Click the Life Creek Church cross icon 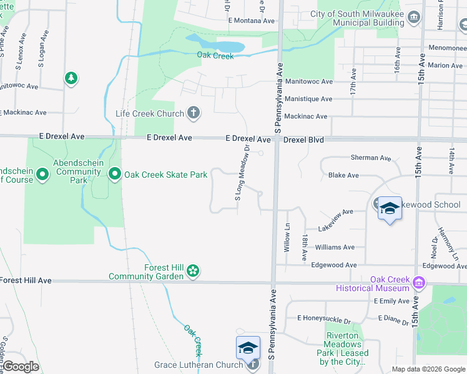194,113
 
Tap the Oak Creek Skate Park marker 115,175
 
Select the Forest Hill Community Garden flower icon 194,271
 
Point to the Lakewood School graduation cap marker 389,208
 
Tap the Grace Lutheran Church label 198,365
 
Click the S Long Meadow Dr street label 242,173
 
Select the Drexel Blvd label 303,140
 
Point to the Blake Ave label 343,176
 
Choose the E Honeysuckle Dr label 324,319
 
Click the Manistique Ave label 308,99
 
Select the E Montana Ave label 252,21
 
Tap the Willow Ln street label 287,237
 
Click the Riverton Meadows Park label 344,348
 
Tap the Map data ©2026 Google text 428,369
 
